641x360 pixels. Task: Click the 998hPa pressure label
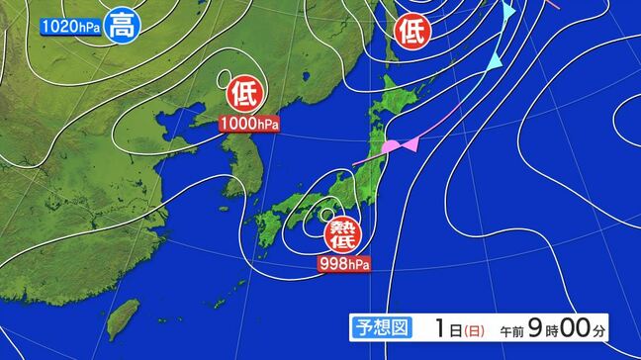coord(344,264)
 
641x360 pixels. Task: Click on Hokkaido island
coord(406,99)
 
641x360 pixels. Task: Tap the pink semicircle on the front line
coord(393,147)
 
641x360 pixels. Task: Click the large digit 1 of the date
coord(440,327)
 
